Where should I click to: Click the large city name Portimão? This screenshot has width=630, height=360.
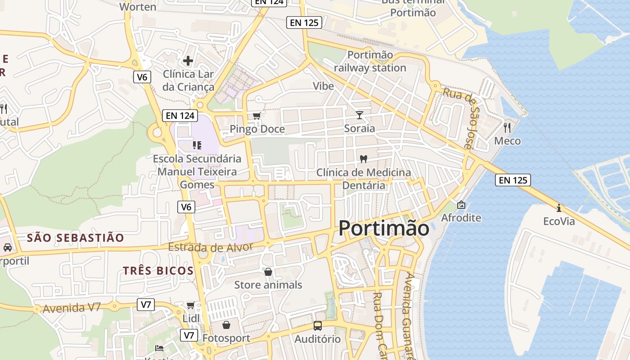click(x=384, y=228)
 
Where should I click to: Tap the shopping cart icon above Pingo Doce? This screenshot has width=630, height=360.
click(x=256, y=116)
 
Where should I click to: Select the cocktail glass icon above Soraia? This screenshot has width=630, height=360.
click(x=359, y=115)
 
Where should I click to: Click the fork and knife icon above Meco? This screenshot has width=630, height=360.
click(x=507, y=127)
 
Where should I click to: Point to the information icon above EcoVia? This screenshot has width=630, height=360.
click(x=559, y=208)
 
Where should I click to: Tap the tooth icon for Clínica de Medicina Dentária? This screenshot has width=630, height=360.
click(x=364, y=159)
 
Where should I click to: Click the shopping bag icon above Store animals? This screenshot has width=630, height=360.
click(x=268, y=272)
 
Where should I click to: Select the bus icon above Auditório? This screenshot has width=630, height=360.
click(x=318, y=326)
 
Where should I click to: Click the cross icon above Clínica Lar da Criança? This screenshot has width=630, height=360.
click(x=188, y=60)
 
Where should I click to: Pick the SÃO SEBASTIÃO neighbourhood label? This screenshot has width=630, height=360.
click(x=75, y=238)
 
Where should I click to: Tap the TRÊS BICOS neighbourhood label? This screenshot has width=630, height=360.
click(x=158, y=270)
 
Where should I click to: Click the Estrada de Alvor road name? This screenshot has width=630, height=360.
click(x=211, y=247)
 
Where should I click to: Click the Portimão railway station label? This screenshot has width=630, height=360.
click(x=370, y=61)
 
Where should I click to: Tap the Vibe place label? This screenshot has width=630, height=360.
click(x=324, y=86)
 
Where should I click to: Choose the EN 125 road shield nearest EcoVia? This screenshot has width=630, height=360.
click(x=513, y=180)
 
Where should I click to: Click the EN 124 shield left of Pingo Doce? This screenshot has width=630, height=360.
click(x=180, y=116)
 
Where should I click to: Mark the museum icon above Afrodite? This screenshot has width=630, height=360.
click(x=461, y=205)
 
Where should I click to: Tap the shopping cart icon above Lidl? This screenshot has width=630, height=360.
click(x=191, y=306)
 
